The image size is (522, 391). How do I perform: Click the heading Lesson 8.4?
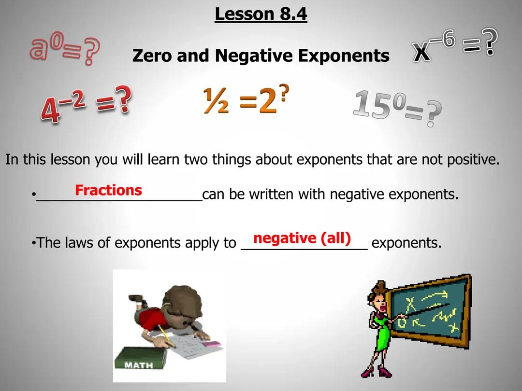point(261,14)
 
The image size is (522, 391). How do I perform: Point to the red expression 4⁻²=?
point(86,104)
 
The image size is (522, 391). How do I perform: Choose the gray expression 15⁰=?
point(397,107)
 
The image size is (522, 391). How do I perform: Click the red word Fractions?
point(108,190)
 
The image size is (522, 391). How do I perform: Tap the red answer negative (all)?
point(302,238)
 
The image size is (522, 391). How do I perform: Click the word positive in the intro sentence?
point(473,159)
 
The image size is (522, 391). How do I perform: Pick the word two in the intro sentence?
point(195,159)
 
